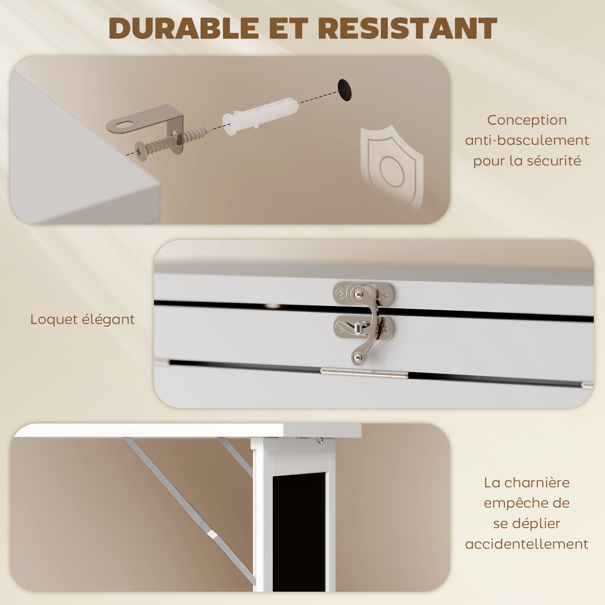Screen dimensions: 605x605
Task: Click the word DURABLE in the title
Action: pos(184,28)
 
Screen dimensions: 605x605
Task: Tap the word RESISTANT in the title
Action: pos(407,28)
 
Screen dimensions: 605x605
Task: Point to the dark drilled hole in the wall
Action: pos(345,90)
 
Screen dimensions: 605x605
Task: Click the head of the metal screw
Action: pos(142,151)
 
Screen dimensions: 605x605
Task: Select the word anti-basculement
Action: pos(527,140)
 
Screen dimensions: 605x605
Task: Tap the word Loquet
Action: pos(54,320)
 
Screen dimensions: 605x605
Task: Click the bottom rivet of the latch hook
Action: pos(358,357)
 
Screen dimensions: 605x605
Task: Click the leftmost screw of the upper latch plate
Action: pos(340,294)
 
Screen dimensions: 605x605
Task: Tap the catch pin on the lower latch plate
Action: pos(358,327)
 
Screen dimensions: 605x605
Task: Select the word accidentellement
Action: pos(527,544)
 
